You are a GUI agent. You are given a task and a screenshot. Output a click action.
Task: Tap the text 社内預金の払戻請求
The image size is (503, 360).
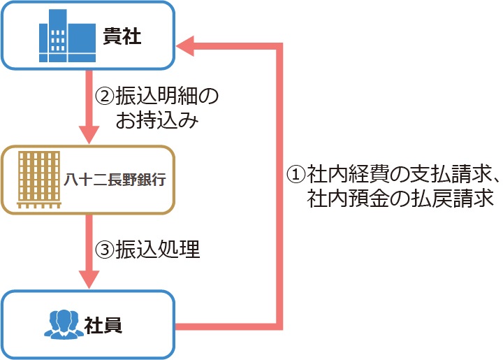tap(400, 198)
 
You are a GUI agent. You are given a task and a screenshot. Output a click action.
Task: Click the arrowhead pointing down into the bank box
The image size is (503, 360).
tap(89, 135)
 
